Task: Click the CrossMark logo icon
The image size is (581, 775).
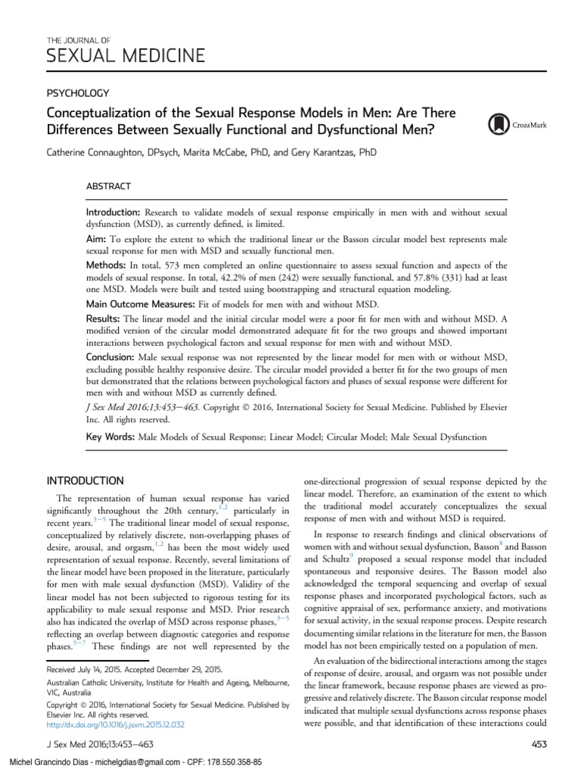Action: coord(500,123)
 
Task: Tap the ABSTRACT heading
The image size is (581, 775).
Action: coord(108,186)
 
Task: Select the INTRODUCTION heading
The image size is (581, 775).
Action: coord(85,481)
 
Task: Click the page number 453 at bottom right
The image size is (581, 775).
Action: coord(539,745)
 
